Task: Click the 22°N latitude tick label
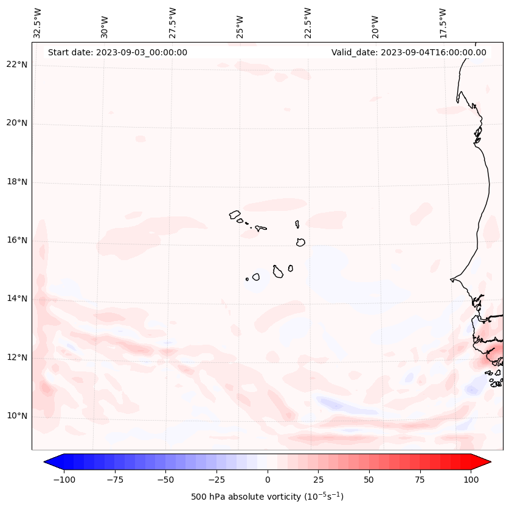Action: pyautogui.click(x=17, y=65)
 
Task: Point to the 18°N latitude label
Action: pyautogui.click(x=17, y=182)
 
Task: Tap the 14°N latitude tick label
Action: pyautogui.click(x=17, y=298)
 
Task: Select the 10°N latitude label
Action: pyautogui.click(x=17, y=416)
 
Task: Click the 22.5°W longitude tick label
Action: pyautogui.click(x=308, y=22)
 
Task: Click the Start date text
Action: pyautogui.click(x=117, y=52)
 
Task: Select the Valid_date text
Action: pyautogui.click(x=409, y=52)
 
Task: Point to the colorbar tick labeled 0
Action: pyautogui.click(x=267, y=480)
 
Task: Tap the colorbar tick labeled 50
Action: pyautogui.click(x=369, y=480)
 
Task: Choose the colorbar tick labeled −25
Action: pyautogui.click(x=216, y=480)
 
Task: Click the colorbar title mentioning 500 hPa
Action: pyautogui.click(x=267, y=497)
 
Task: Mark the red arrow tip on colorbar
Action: pyautogui.click(x=486, y=462)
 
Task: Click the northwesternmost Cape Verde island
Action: pyautogui.click(x=235, y=214)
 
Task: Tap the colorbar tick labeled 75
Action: pyautogui.click(x=419, y=480)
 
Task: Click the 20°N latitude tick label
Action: pyautogui.click(x=17, y=123)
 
